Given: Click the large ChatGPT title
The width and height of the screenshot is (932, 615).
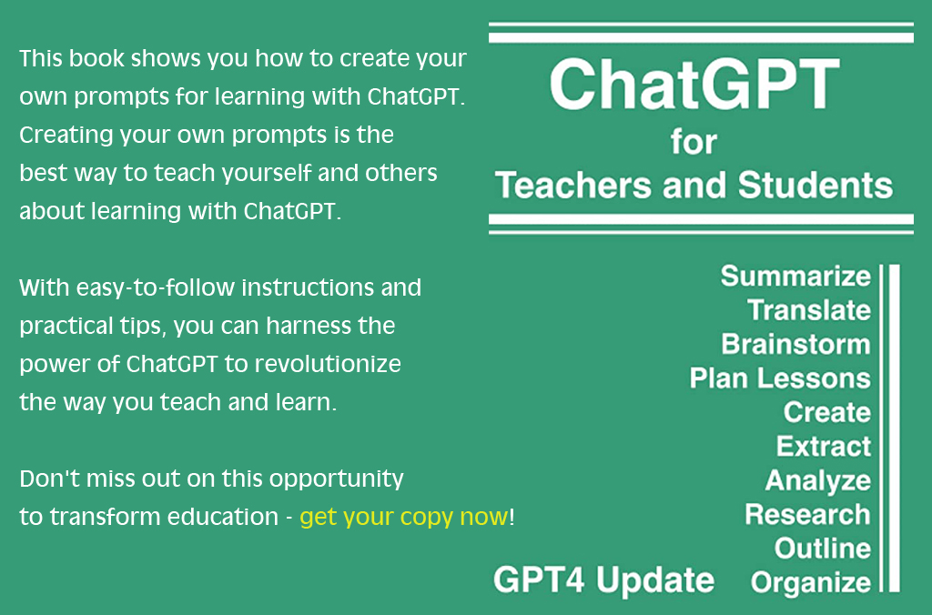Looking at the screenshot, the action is pyautogui.click(x=694, y=84).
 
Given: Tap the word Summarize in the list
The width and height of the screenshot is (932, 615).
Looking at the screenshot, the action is pyautogui.click(x=795, y=277).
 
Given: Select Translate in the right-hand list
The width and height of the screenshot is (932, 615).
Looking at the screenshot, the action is pyautogui.click(x=809, y=310).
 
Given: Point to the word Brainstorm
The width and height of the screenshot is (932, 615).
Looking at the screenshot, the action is pyautogui.click(x=796, y=344).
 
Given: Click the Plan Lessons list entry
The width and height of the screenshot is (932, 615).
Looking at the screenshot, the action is pyautogui.click(x=780, y=378).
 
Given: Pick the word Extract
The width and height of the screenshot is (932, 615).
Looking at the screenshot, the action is pyautogui.click(x=824, y=447).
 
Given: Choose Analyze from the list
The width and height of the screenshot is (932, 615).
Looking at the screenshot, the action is pyautogui.click(x=818, y=481).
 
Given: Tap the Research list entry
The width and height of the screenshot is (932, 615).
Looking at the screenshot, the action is pyautogui.click(x=808, y=515).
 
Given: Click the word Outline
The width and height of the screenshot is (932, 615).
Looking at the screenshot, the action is pyautogui.click(x=823, y=549).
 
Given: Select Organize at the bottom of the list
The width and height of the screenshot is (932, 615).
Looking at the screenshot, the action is pyautogui.click(x=811, y=583).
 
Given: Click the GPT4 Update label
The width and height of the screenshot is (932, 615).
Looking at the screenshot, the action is pyautogui.click(x=604, y=580).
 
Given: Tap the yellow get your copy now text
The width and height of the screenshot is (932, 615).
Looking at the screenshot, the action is pyautogui.click(x=404, y=518).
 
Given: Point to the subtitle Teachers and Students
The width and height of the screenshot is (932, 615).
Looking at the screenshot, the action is pyautogui.click(x=694, y=185).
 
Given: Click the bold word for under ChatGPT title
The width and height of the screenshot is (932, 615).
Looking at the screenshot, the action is pyautogui.click(x=694, y=142).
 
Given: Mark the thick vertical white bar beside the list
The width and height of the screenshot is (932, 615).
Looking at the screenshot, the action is pyautogui.click(x=894, y=428).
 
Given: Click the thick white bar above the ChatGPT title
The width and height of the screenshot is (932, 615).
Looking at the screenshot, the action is pyautogui.click(x=701, y=38).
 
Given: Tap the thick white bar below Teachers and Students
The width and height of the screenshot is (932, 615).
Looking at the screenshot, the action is pyautogui.click(x=701, y=219).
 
